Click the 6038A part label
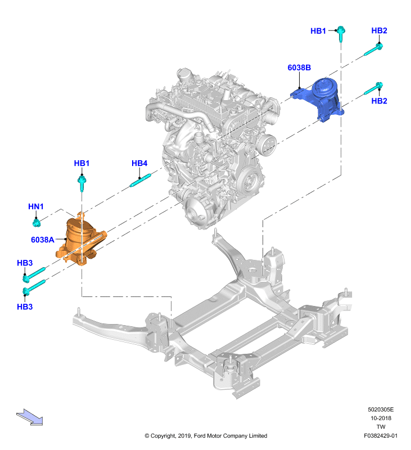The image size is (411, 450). click(x=42, y=240)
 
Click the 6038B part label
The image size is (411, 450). click(x=299, y=67)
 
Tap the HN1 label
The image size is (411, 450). click(x=36, y=206)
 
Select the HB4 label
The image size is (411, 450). click(x=139, y=163)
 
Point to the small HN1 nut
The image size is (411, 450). click(x=36, y=223)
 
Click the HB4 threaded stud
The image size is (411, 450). click(x=140, y=180)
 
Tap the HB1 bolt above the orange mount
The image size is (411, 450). click(x=82, y=183)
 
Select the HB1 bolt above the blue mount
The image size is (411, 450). click(x=341, y=33)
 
